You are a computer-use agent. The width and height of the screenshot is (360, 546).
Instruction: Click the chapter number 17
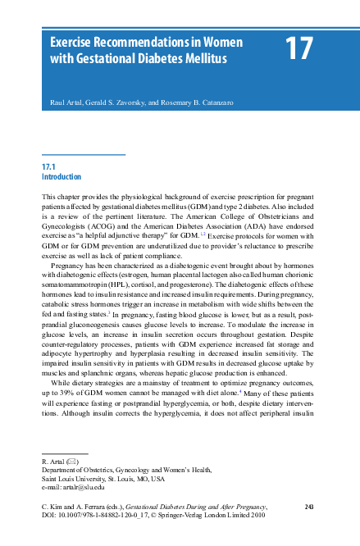[300, 49]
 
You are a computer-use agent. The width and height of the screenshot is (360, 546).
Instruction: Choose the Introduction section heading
[62, 176]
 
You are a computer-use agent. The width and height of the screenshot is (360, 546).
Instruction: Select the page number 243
[309, 509]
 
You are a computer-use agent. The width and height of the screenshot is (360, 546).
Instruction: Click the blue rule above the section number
[83, 154]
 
